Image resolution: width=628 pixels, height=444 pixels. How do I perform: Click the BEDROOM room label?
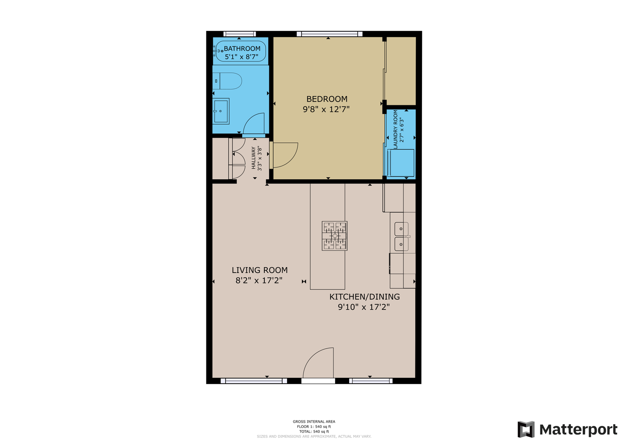[327, 99]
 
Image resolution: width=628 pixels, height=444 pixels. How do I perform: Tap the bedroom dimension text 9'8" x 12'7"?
[326, 109]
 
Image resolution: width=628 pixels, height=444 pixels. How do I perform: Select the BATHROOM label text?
[242, 49]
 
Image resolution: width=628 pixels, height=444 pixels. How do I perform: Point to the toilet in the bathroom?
[227, 81]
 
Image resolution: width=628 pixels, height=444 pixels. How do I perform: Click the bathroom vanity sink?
[221, 111]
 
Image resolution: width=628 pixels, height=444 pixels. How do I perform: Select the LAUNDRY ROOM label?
[396, 129]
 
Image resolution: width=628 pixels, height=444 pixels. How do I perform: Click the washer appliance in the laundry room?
[401, 163]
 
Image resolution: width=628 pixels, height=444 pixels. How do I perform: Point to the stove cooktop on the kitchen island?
[334, 236]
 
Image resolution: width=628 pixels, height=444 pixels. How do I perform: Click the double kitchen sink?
[401, 236]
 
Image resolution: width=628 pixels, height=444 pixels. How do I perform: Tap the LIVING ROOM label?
[260, 270]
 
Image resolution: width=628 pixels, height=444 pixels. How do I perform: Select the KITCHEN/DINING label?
[364, 296]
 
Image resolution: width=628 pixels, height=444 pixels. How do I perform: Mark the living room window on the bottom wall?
[254, 381]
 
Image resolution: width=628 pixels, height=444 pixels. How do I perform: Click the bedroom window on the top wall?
[330, 34]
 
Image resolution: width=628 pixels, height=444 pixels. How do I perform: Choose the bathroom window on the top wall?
[240, 34]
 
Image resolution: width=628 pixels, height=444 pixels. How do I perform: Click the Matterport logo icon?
[526, 429]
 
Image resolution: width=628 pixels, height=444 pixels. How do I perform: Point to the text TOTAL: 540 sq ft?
[314, 432]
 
